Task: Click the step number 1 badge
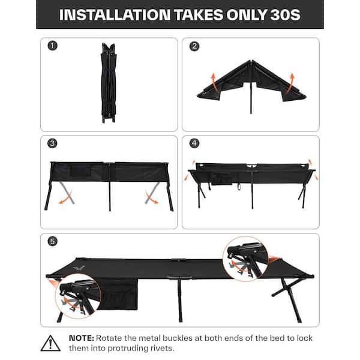(52, 46)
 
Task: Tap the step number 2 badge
(194, 46)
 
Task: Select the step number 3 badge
(52, 143)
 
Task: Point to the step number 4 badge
(194, 143)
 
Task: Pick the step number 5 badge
(52, 242)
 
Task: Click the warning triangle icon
(50, 343)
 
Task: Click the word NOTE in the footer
(81, 338)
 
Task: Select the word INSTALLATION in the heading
(115, 15)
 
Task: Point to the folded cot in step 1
(109, 83)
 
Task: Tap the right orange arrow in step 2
(290, 83)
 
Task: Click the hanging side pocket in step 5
(118, 295)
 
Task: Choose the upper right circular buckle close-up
(245, 259)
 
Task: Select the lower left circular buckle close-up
(78, 296)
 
